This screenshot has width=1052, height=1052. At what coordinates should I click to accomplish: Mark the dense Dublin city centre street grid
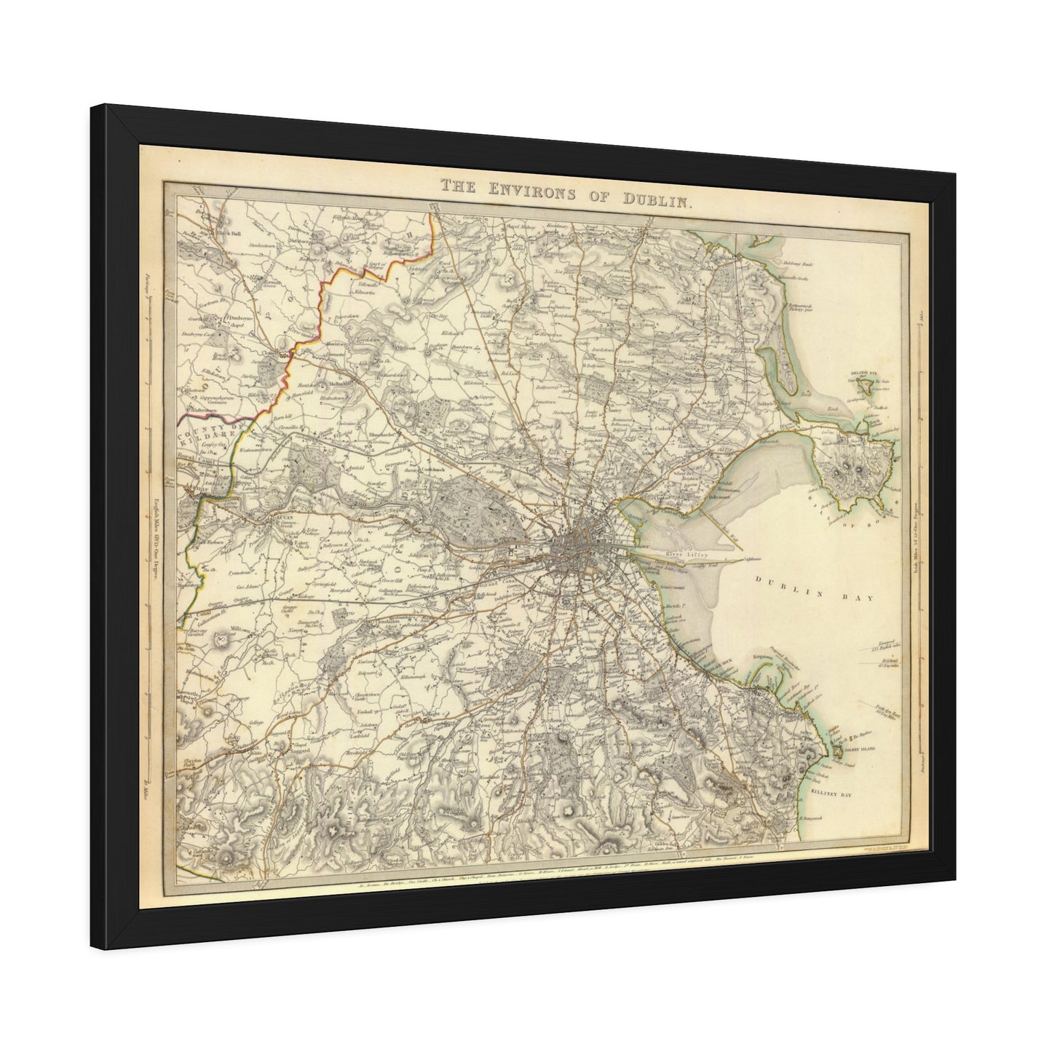(578, 542)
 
